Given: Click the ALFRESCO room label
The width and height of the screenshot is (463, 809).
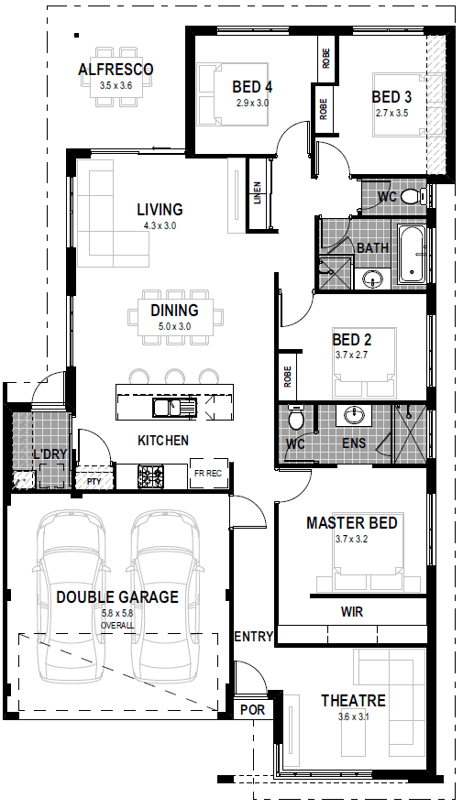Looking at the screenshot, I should click(x=116, y=70).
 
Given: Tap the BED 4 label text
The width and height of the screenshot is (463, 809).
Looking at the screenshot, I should click(x=252, y=87).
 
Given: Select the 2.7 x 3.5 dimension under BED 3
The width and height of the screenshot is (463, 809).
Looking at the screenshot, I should click(x=391, y=113).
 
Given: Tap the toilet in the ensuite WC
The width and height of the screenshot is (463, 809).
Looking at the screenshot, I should click(x=295, y=421).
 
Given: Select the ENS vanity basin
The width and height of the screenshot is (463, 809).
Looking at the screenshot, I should click(x=353, y=417).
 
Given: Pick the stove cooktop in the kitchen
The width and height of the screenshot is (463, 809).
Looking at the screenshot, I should click(x=150, y=476).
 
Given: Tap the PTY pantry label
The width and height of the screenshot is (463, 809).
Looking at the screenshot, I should click(x=94, y=480).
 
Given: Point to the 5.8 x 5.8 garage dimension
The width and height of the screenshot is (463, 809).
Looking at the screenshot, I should click(x=117, y=615).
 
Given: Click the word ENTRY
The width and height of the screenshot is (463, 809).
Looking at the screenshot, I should click(x=253, y=637).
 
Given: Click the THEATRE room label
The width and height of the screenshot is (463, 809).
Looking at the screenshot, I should click(x=353, y=701).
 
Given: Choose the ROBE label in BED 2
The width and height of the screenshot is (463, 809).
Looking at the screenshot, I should click(x=288, y=376).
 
